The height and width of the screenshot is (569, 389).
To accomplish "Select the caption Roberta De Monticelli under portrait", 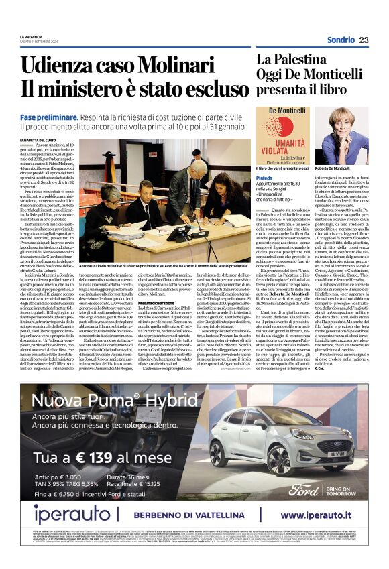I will [348, 168].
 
